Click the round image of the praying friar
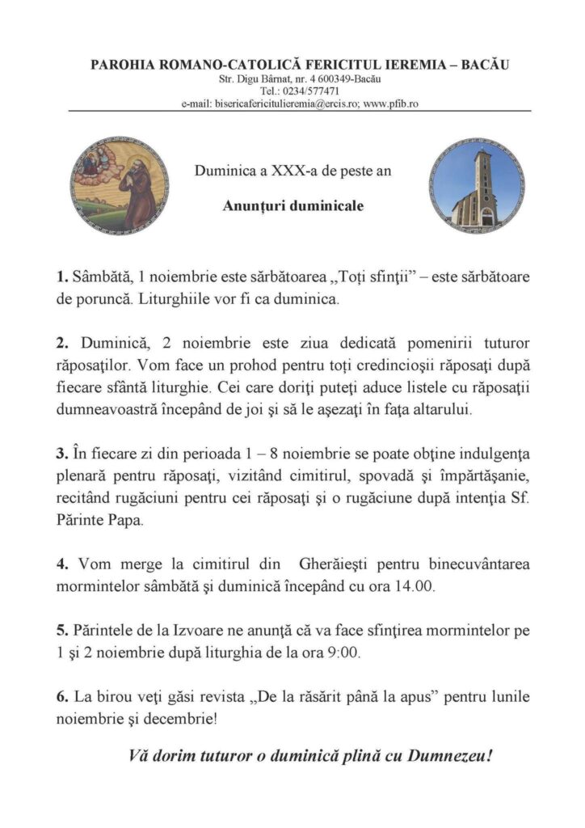(x=120, y=186)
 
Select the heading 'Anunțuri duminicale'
(x=292, y=206)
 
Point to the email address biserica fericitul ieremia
(x=281, y=103)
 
